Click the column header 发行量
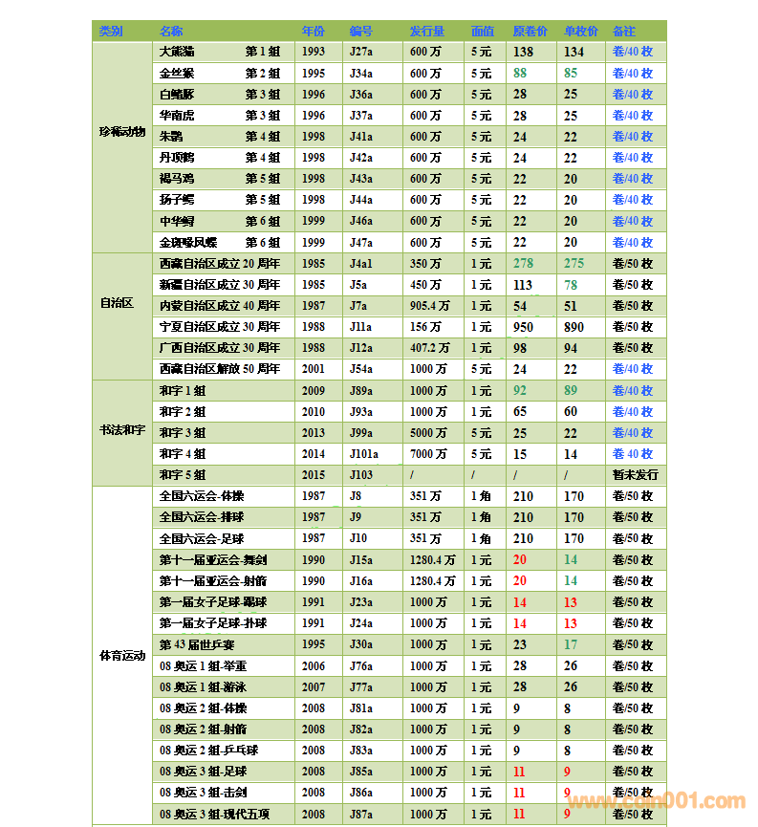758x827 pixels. (x=426, y=32)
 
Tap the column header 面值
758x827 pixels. (x=482, y=32)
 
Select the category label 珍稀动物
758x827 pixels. (x=122, y=132)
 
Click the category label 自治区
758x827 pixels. (x=117, y=303)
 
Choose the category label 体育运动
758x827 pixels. (x=122, y=656)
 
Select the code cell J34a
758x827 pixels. (x=361, y=74)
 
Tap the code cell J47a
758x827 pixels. (x=361, y=243)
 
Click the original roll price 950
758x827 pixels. (x=523, y=327)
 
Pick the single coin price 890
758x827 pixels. (x=574, y=327)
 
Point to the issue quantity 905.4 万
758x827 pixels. (x=429, y=306)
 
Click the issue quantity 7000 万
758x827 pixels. (x=427, y=454)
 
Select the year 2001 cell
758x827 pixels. (x=314, y=369)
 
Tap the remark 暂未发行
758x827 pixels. (x=635, y=475)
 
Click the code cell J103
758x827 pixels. (x=360, y=475)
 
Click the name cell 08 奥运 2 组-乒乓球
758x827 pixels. (x=208, y=751)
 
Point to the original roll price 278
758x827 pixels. (x=523, y=264)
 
